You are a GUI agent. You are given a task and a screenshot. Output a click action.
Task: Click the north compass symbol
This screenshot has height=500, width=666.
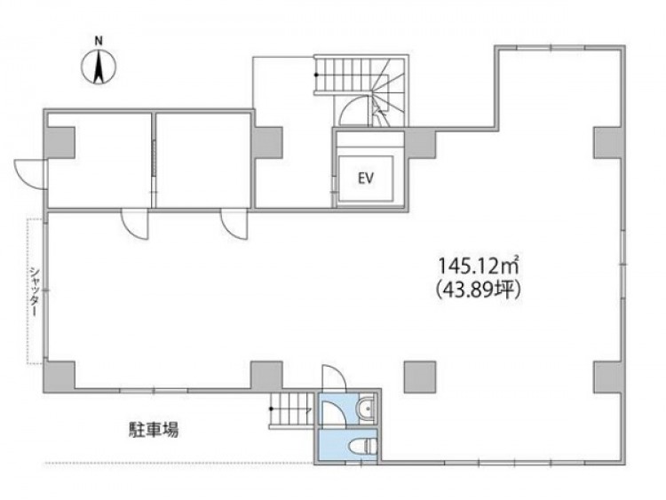pos(99,67)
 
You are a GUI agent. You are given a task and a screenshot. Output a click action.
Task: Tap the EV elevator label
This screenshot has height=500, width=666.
pos(366,179)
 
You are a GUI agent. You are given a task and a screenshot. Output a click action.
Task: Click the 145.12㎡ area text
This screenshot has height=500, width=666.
pos(480,266)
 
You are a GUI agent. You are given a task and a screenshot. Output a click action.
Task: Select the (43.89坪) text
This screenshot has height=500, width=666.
pos(479,290)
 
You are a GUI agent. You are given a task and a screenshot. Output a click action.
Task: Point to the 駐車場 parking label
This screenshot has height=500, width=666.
pos(154,430)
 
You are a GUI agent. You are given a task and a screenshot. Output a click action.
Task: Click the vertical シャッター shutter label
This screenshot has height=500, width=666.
pos(35,291)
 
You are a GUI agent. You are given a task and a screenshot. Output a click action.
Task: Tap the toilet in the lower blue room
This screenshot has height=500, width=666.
pos(361,447)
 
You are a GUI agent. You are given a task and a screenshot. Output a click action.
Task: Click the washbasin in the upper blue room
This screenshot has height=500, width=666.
pos(366,409)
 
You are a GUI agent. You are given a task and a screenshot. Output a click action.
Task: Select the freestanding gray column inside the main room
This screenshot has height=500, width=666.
pos(420,377)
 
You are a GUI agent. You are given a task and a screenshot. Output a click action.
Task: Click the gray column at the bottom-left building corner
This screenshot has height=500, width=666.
pos(59,377)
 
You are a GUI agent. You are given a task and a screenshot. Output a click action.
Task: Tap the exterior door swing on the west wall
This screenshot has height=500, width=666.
pos(29,174)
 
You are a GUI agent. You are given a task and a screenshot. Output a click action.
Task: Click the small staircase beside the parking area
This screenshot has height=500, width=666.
pos(291,409)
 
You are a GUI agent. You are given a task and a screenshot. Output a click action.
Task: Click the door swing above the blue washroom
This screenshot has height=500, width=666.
pos(334,378)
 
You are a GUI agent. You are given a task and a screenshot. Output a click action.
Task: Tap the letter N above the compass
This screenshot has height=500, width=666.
pos(99,42)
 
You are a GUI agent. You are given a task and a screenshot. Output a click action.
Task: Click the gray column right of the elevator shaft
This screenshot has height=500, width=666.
pos(420,143)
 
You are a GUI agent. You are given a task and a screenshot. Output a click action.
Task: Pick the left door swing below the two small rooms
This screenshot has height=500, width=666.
pos(135,224)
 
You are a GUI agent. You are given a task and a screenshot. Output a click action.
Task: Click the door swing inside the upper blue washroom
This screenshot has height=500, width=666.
pos(333,412)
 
